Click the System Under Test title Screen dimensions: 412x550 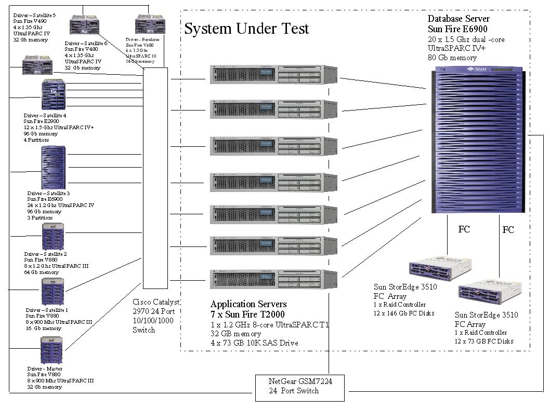click(246, 29)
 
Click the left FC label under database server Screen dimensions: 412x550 click(464, 228)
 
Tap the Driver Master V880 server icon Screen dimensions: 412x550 click(51, 350)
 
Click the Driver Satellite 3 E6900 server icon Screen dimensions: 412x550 click(54, 168)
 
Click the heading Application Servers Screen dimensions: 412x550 click(248, 304)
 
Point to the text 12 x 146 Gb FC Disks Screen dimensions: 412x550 click(404, 313)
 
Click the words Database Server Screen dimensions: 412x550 click(459, 19)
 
